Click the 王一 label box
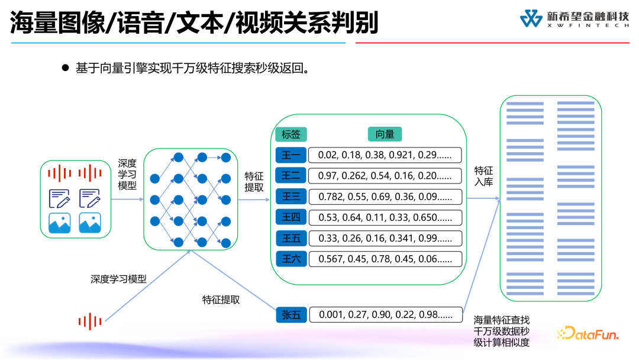point(291,156)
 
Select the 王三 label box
point(291,197)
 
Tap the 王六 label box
point(291,259)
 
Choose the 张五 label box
point(291,315)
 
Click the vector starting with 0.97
point(385,176)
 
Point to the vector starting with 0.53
point(385,217)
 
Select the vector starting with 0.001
point(385,315)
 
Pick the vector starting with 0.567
point(385,259)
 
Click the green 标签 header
point(291,134)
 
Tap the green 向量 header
point(385,134)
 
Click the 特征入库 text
point(483,176)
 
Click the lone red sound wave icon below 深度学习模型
point(90,322)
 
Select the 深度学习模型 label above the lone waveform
point(118,279)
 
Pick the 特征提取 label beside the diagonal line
point(221,300)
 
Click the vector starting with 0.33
point(385,238)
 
